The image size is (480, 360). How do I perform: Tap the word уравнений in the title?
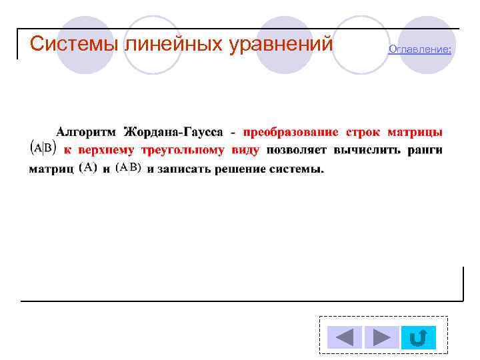(280, 43)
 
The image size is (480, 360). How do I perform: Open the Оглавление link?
(419, 49)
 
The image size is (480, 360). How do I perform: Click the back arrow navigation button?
(345, 337)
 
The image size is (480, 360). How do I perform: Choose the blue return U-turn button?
(419, 337)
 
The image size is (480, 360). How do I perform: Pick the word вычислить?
(367, 150)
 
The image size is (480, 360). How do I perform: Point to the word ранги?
(425, 150)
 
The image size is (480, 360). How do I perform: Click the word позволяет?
(296, 150)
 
